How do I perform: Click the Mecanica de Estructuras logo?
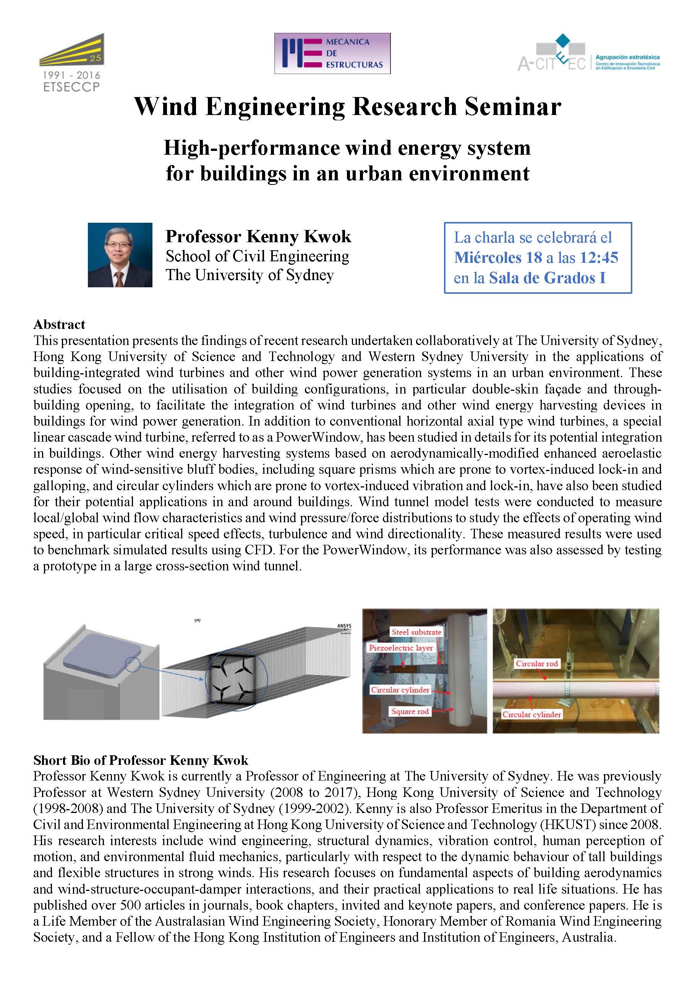pos(332,53)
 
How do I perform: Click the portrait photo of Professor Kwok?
pos(120,255)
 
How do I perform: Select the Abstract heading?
pos(59,324)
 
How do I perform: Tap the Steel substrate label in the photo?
pos(416,632)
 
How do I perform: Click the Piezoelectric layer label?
pos(401,648)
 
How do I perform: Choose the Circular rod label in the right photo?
pos(536,664)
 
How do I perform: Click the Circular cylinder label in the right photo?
pos(531,714)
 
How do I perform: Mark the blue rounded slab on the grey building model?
pos(102,655)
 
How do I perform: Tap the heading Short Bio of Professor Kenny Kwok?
pos(141,760)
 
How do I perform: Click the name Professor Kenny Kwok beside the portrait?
pos(258,236)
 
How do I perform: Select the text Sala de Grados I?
pos(547,278)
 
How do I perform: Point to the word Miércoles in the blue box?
pos(487,257)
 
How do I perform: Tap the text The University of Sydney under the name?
pos(249,275)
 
